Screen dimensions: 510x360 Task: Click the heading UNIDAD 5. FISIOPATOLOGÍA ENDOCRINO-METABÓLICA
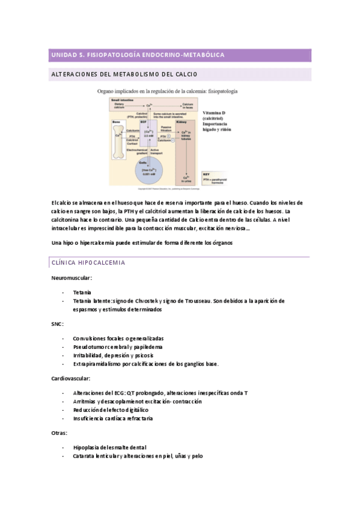[x=138, y=55]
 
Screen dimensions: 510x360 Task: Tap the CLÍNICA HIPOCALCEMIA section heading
[x=88, y=263]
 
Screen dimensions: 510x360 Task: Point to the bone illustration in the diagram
[x=118, y=138]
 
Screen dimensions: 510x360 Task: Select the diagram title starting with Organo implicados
[x=167, y=91]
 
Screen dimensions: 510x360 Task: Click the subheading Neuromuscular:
[x=72, y=278]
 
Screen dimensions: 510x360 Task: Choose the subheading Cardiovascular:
[x=72, y=378]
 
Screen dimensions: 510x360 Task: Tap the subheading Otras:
[x=59, y=432]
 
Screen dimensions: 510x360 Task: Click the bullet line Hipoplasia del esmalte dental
[x=109, y=447]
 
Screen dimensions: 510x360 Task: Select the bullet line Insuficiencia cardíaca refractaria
[x=113, y=418]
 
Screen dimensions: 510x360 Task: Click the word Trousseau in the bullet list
[x=215, y=300]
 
